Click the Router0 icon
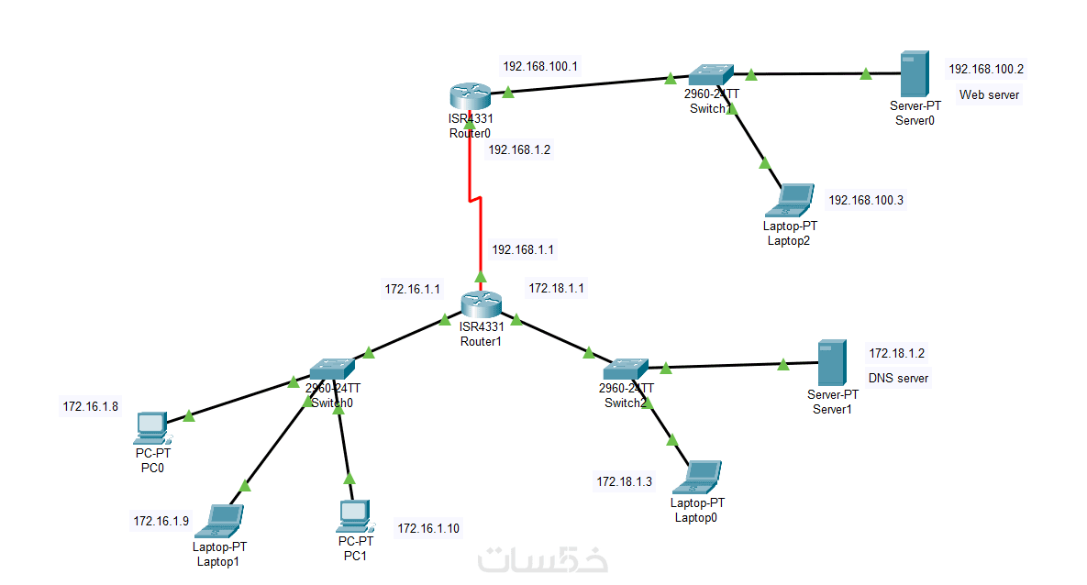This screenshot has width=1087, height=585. click(471, 95)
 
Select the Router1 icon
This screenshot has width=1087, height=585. click(481, 304)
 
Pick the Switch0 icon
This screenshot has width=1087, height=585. click(331, 369)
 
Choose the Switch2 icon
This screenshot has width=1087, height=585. click(626, 370)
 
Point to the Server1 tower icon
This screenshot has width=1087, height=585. click(832, 362)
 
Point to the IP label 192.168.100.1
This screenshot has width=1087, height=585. click(539, 66)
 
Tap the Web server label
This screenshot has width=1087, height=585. click(989, 94)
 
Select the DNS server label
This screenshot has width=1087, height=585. click(898, 378)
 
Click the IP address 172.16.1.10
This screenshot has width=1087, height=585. click(427, 528)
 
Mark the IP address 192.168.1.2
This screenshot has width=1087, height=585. click(519, 149)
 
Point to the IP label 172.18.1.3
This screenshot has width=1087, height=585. click(625, 481)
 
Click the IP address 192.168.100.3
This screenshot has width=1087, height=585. click(866, 200)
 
